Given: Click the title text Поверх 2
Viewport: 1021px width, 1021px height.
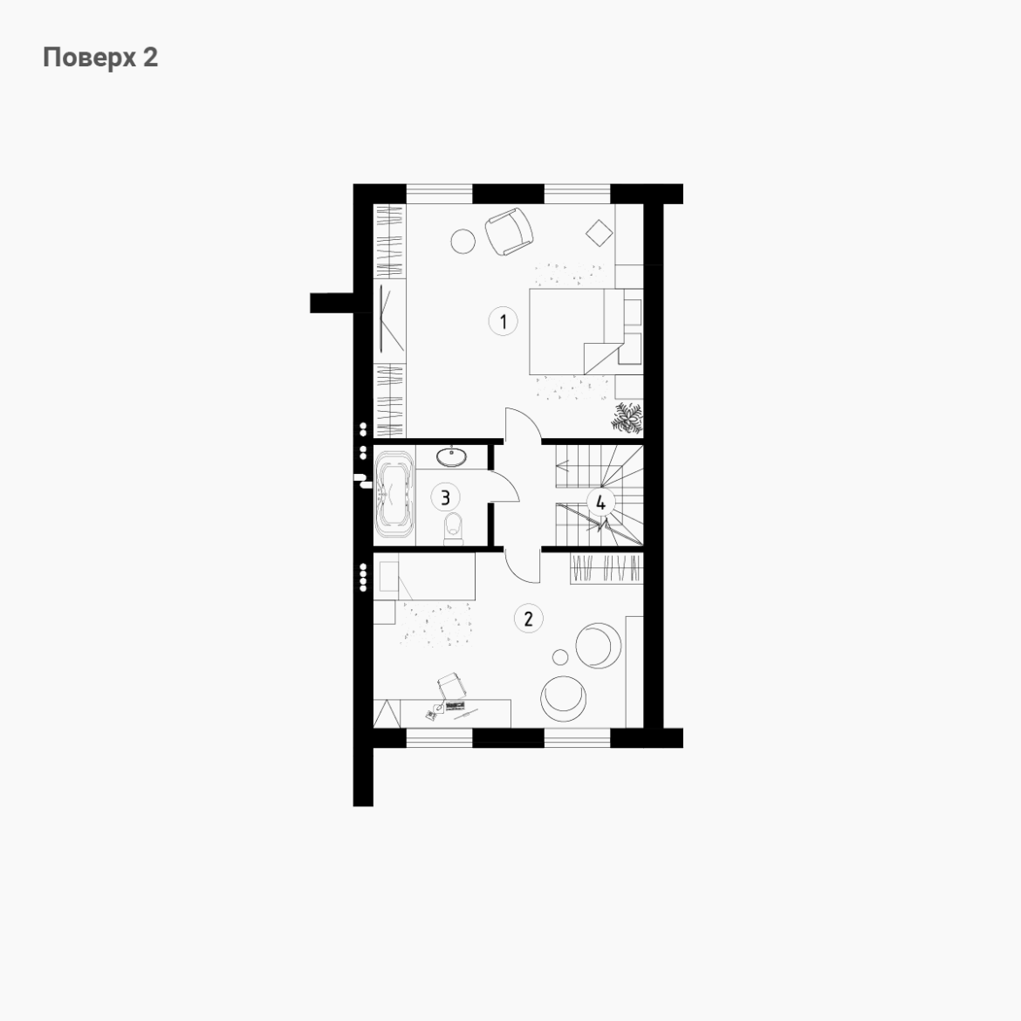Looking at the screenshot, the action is (x=100, y=58).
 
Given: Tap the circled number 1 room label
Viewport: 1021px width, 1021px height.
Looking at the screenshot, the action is (x=503, y=322).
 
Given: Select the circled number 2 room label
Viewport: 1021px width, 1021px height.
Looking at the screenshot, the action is (x=528, y=619).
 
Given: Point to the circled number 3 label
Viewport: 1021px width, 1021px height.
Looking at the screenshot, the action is (x=445, y=497).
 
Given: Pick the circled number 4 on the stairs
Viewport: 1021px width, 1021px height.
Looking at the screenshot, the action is (x=600, y=503).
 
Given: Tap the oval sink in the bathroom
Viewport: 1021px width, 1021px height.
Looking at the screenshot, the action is (x=451, y=456).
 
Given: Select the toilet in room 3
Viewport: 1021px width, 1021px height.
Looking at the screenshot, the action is (x=453, y=528).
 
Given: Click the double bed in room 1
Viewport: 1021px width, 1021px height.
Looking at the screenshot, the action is (x=573, y=332).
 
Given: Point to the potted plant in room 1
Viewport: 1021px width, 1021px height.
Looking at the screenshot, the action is (x=627, y=418).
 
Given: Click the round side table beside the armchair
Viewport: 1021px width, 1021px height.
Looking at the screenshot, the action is (x=463, y=241).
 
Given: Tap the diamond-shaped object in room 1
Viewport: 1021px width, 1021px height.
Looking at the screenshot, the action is (x=599, y=233).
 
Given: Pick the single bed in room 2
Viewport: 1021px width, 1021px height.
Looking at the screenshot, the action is (x=424, y=576).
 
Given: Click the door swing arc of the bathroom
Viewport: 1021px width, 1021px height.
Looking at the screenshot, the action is (x=512, y=483).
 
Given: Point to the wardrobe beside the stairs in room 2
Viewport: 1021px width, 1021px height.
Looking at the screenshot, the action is (x=606, y=568).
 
